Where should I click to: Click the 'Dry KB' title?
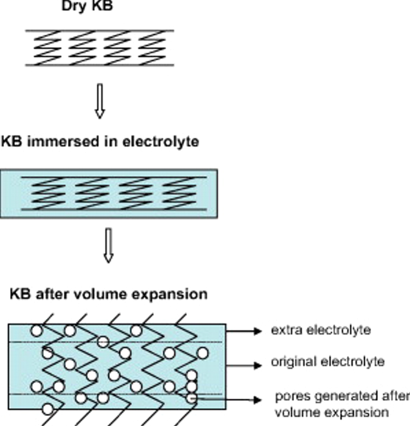coord(87,6)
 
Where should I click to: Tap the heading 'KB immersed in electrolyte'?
coord(100,142)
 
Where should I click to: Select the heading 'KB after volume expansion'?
coord(108,294)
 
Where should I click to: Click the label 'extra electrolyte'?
coord(320,330)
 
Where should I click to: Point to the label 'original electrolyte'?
coord(328,361)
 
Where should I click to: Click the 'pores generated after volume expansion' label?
coord(341,404)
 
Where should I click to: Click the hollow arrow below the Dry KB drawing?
coord(100,101)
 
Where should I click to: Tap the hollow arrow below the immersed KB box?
coord(108,245)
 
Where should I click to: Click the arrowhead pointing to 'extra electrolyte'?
coord(257,331)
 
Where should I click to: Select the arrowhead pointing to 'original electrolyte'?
coord(257,365)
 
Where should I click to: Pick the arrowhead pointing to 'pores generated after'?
coord(257,399)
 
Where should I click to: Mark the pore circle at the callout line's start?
coord(192,398)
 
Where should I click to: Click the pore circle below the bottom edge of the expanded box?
coord(48,409)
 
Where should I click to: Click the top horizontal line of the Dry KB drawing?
coord(100,30)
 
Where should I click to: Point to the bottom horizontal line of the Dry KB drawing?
coord(100,65)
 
